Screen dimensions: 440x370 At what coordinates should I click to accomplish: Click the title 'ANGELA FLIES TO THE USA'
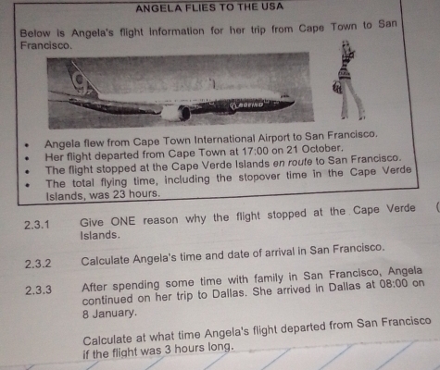coord(209,7)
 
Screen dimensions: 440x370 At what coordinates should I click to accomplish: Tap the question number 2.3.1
coord(37,225)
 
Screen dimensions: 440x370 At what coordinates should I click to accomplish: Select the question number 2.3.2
coord(38,264)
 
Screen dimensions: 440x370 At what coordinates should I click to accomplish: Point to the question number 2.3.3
coord(38,290)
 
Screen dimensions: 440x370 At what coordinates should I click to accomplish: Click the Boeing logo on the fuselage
coord(247,105)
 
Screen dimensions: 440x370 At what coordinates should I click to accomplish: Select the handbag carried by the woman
coord(337,88)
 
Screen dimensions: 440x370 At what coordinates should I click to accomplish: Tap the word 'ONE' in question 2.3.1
coord(123,221)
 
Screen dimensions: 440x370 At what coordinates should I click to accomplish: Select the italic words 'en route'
coord(293,163)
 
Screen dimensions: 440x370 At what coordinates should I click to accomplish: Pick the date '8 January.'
coord(109,314)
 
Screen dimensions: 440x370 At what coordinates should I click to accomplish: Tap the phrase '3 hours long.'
coord(198,349)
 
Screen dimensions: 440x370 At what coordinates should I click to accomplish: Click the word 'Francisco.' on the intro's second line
coord(46,45)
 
